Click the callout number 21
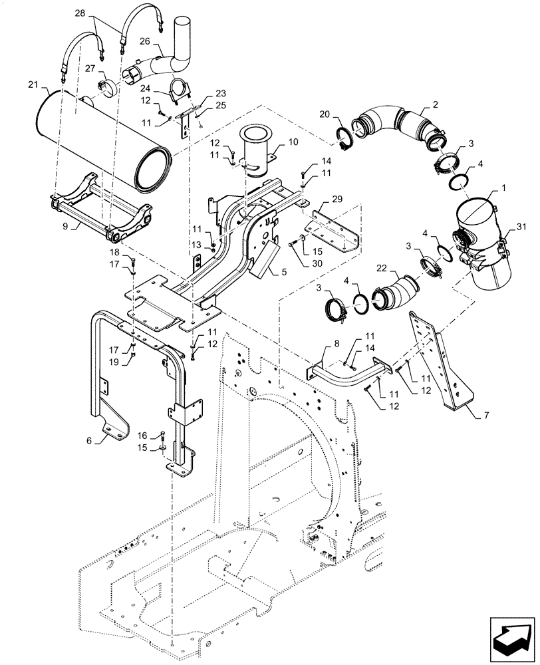point(34,84)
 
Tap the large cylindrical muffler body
point(100,136)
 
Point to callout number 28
point(98,13)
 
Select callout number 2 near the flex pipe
point(435,104)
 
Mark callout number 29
point(338,199)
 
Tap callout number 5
point(284,271)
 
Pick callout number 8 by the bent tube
point(336,342)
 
